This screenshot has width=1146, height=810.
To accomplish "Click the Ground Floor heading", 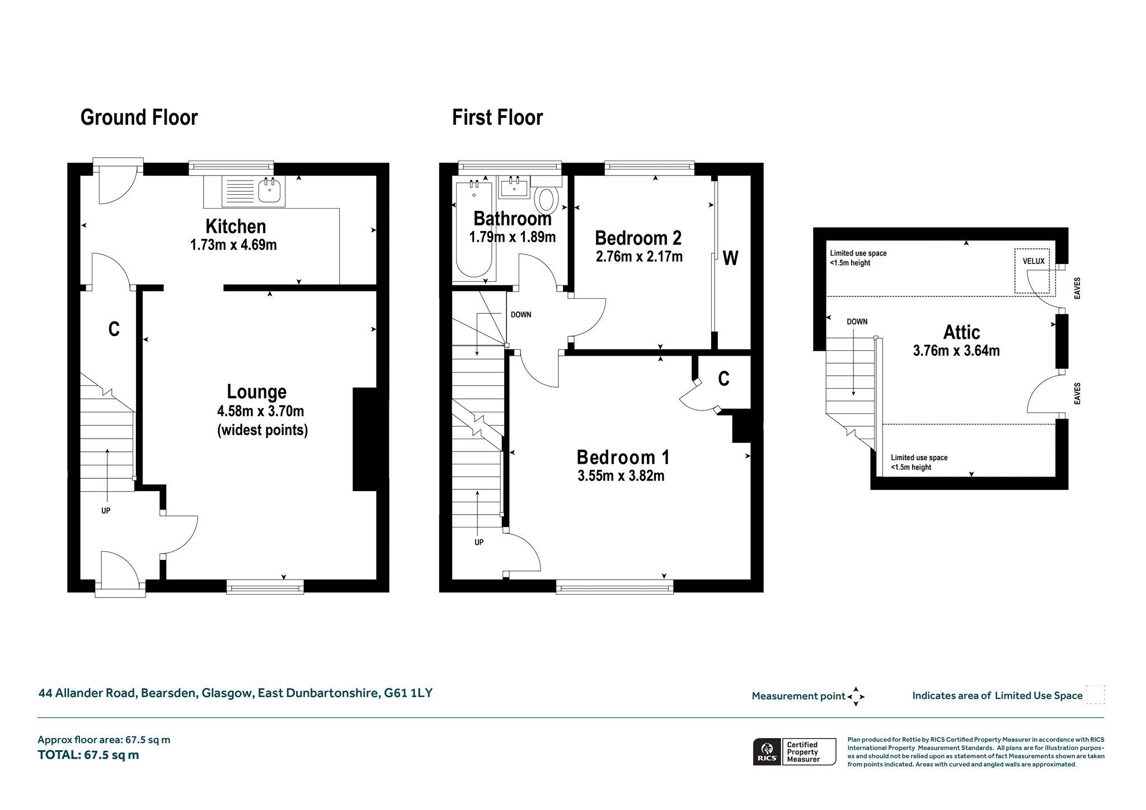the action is [139, 118].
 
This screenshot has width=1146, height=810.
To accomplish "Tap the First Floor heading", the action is [497, 118].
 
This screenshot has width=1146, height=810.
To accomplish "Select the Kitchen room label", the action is [236, 227].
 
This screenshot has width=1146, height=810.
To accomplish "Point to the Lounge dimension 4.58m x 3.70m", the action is [261, 412].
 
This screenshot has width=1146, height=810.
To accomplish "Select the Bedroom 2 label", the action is [638, 238].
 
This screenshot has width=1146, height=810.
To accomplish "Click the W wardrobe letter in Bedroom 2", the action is [731, 258].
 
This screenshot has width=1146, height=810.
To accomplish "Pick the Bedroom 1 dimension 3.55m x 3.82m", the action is [621, 476].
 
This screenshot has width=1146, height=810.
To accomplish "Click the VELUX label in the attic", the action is [1034, 261].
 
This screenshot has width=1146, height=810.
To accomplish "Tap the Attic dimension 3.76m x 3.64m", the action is [956, 351].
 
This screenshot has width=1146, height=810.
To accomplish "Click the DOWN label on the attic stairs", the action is [857, 322].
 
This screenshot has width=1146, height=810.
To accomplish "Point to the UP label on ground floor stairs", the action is [106, 511].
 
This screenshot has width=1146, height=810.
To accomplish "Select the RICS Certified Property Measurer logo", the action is [795, 751].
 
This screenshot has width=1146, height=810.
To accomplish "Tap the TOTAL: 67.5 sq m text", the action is [88, 755].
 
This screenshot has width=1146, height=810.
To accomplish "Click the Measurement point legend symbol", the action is [856, 696].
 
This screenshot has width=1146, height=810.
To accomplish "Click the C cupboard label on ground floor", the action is [114, 329].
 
